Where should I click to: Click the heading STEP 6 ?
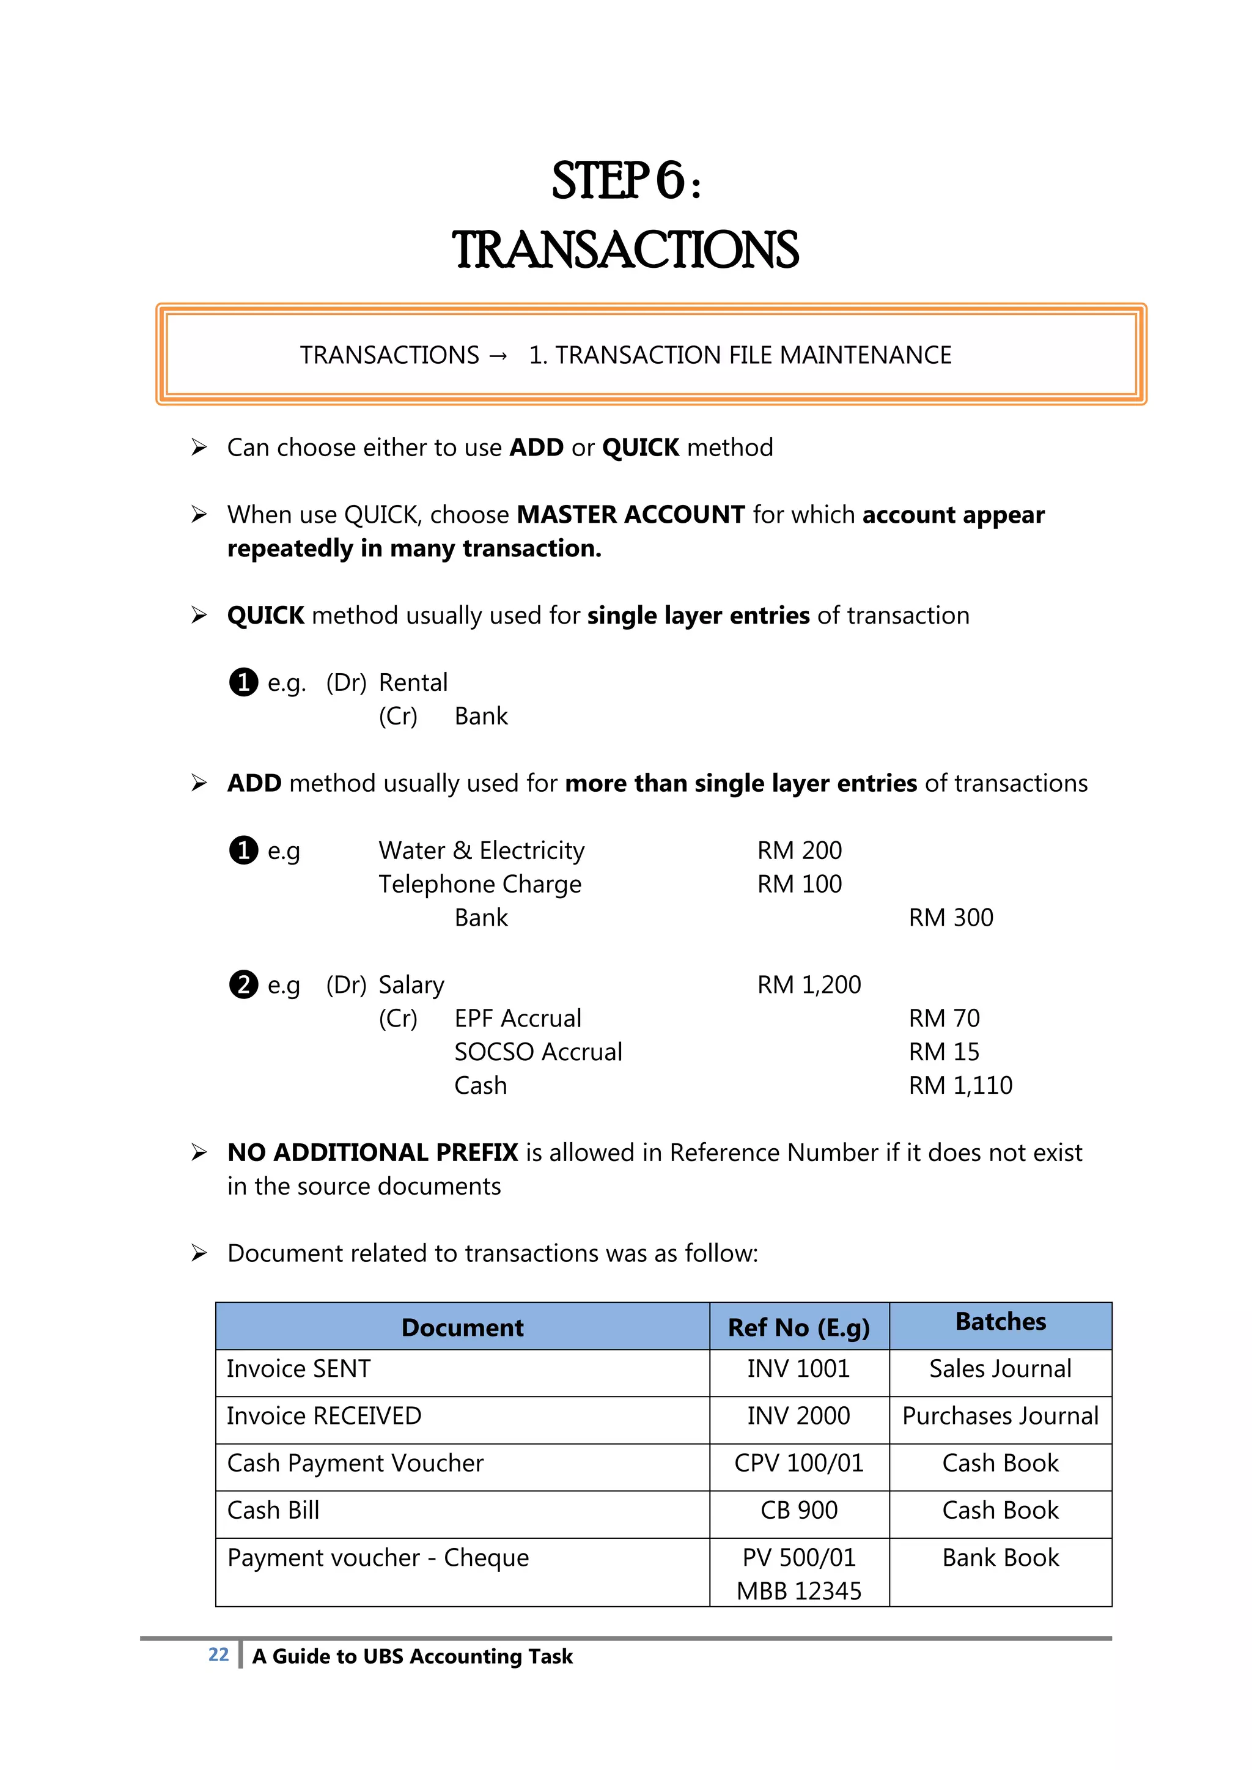[625, 181]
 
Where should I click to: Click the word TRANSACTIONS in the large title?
[625, 251]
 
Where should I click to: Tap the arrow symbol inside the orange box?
[499, 355]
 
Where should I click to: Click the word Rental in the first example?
[413, 682]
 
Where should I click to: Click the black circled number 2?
[244, 984]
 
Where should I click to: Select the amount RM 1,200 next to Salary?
[808, 984]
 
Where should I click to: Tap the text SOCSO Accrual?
[537, 1052]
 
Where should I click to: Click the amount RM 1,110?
[960, 1085]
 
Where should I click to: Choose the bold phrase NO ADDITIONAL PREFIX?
[372, 1152]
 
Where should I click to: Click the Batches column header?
[1000, 1321]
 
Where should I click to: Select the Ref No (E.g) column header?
[798, 1327]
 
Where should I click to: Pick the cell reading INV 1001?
[798, 1368]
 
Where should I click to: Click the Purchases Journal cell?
[1000, 1416]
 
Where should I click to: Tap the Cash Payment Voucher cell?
[355, 1463]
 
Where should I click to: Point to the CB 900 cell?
[798, 1510]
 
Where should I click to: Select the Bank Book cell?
[1000, 1558]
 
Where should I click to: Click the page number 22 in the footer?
[218, 1654]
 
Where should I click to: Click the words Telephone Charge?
[479, 884]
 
